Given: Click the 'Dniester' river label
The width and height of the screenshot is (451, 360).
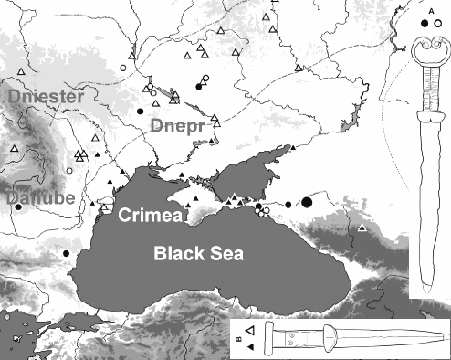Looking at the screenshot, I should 47,95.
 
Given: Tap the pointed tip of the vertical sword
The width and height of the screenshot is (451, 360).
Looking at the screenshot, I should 427,291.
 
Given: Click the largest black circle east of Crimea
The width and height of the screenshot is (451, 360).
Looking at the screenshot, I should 308,201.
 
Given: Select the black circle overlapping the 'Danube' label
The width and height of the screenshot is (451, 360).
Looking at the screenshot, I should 17,206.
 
